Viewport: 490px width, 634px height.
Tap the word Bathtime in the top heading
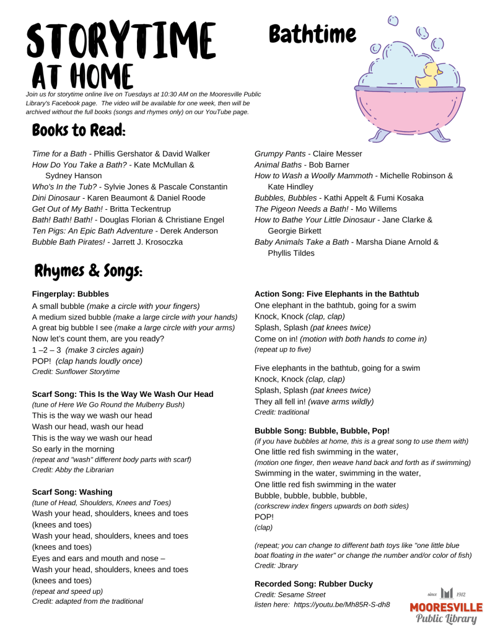[x=313, y=34]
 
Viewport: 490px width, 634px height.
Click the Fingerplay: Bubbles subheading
[x=70, y=293]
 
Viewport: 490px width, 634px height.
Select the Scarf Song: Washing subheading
[x=72, y=492]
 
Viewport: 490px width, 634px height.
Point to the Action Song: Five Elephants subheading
[x=336, y=293]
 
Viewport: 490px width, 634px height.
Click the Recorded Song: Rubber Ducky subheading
[x=313, y=583]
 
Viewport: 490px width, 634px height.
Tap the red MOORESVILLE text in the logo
[x=446, y=607]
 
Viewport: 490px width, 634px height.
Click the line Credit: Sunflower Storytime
[x=76, y=371]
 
